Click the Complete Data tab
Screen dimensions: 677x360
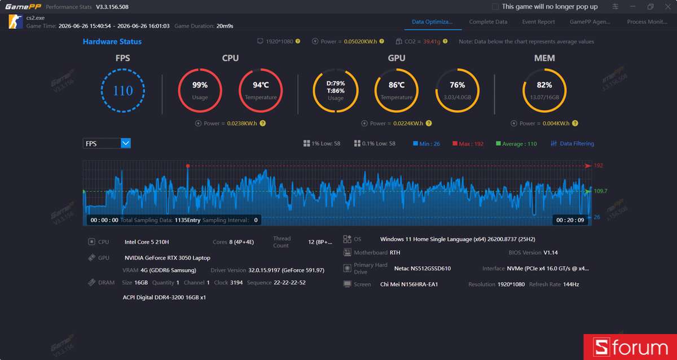click(x=488, y=22)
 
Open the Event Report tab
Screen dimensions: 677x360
click(x=538, y=22)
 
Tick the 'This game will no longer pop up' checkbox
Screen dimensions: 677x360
click(x=495, y=7)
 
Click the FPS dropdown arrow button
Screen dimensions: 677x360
click(x=126, y=143)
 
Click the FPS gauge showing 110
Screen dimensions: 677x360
click(x=123, y=69)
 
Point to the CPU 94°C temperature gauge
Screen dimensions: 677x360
click(x=261, y=69)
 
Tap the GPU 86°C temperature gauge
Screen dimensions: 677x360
click(x=396, y=69)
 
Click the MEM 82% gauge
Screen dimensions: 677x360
click(x=544, y=69)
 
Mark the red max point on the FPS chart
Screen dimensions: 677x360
click(x=188, y=166)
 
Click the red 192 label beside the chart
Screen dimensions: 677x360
click(x=599, y=166)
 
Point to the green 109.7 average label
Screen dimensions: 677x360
click(x=600, y=191)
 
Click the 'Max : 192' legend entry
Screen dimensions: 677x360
click(x=468, y=144)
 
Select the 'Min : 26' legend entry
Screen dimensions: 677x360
click(x=427, y=144)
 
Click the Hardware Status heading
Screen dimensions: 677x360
click(x=112, y=42)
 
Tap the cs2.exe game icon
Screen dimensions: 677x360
click(x=15, y=22)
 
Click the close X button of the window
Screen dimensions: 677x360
click(x=668, y=7)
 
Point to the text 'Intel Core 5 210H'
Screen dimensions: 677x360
click(x=147, y=242)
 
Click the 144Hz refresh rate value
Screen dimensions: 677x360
click(x=571, y=284)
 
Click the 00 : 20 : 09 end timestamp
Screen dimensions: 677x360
click(x=570, y=220)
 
